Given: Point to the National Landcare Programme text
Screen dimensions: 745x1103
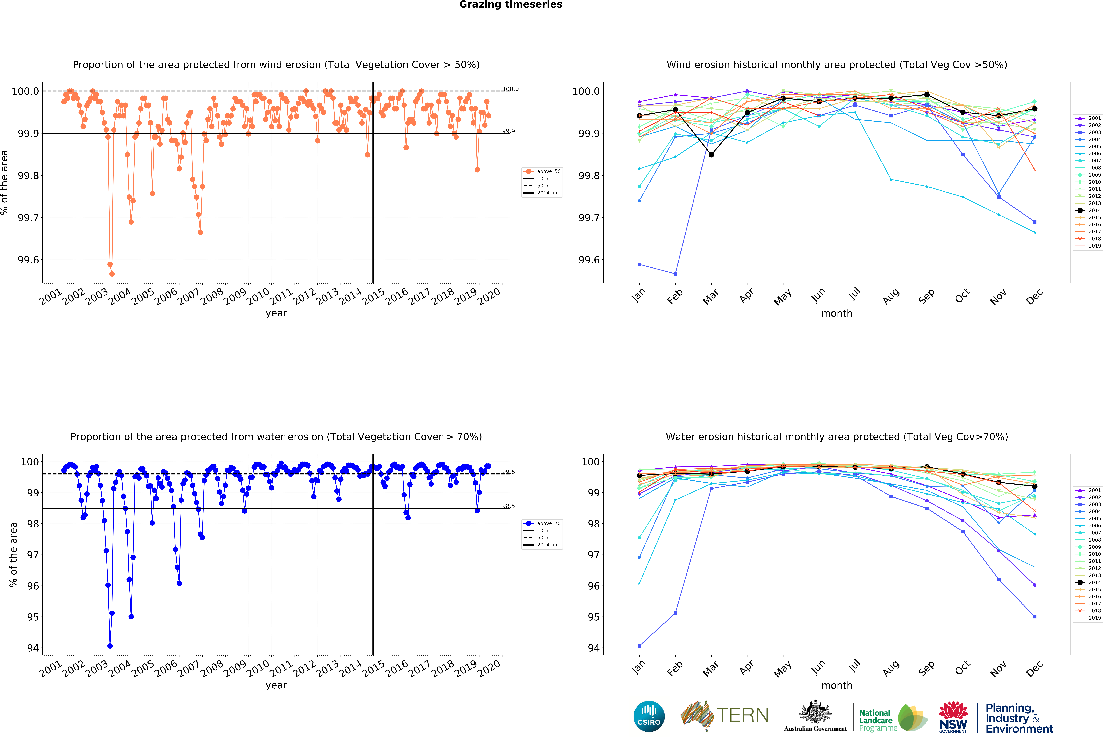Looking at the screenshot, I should [878, 720].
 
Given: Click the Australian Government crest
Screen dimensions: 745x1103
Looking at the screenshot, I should [815, 712].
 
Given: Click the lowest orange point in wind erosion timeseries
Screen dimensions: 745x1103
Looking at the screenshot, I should [112, 274].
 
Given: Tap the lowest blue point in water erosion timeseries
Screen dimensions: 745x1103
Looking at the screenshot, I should [110, 646].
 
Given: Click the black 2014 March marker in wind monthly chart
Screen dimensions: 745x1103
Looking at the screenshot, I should [711, 155].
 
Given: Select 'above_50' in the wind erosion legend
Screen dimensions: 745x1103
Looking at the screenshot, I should [548, 171].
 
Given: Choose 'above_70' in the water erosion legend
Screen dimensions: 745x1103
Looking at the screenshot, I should [548, 523].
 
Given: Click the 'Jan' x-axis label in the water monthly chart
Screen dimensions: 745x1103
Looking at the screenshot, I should [639, 667].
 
